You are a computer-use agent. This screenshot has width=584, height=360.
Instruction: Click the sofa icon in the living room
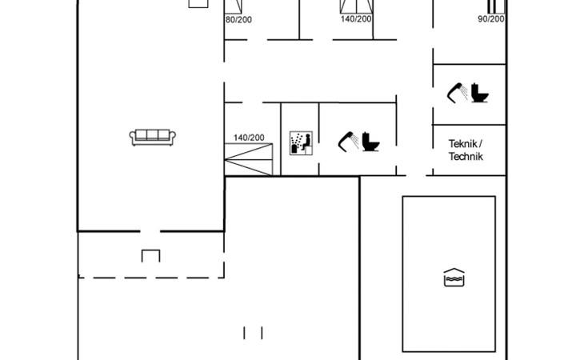(152, 137)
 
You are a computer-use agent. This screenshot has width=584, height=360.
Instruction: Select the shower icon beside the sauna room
(348, 141)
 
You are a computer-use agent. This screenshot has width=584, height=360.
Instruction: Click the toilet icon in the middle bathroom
(372, 142)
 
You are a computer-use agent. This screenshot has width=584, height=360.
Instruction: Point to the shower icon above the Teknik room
(457, 92)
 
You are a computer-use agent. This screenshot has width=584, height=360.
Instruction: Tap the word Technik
(466, 157)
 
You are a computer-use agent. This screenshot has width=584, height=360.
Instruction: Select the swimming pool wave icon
(454, 278)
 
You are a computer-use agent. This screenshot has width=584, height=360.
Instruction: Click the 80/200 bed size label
(238, 19)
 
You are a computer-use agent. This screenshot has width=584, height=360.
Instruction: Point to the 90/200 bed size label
(490, 19)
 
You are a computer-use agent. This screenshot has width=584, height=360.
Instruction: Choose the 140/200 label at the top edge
(356, 19)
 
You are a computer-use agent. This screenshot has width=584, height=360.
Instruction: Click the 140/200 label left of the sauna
(249, 138)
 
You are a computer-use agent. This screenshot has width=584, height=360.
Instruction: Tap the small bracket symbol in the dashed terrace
(150, 256)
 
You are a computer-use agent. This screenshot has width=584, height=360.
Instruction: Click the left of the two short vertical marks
(246, 331)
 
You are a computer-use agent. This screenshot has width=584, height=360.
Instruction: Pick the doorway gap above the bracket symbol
(150, 231)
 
